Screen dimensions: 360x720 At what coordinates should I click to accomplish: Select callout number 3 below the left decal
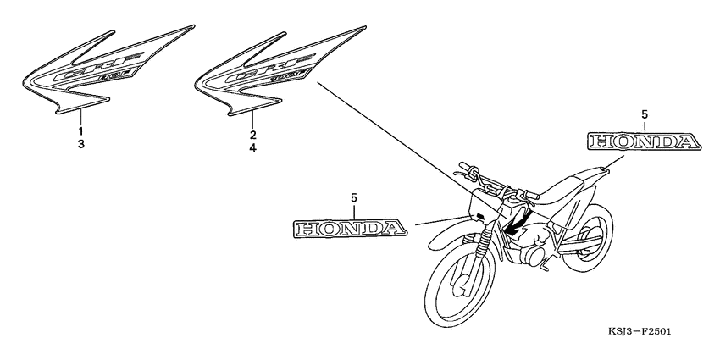81,145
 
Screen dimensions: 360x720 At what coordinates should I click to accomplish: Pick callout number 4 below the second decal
252,147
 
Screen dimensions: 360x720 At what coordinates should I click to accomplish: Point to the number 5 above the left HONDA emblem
354,197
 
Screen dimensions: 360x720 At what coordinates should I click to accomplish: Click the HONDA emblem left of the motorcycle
346,227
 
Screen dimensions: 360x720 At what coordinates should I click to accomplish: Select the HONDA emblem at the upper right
645,141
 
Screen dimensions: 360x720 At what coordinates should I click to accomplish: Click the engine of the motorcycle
529,250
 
